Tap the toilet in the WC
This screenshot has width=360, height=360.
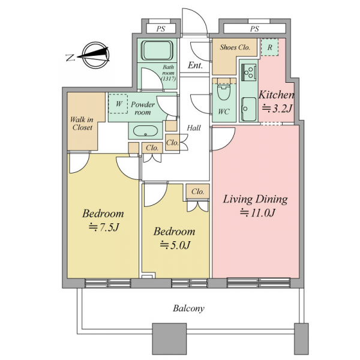click(223, 90)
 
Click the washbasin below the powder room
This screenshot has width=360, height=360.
click(145, 131)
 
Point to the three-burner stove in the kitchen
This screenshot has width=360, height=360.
click(249, 72)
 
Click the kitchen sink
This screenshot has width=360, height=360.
click(248, 109)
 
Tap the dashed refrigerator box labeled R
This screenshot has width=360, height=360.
click(269, 47)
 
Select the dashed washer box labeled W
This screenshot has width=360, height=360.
click(118, 104)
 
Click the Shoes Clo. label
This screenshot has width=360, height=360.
click(235, 47)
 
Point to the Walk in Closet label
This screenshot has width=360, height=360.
click(82, 124)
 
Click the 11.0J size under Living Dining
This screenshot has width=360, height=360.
click(257, 213)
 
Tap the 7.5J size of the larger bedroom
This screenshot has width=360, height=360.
click(104, 227)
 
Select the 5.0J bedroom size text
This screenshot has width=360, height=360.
click(175, 245)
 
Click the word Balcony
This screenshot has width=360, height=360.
click(188, 308)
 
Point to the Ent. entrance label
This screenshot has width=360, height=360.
click(195, 65)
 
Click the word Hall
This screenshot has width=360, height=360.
click(194, 128)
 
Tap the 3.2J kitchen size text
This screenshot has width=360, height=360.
click(277, 109)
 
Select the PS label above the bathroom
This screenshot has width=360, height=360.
click(161, 29)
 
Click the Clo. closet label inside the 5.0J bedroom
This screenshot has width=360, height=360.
click(197, 191)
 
